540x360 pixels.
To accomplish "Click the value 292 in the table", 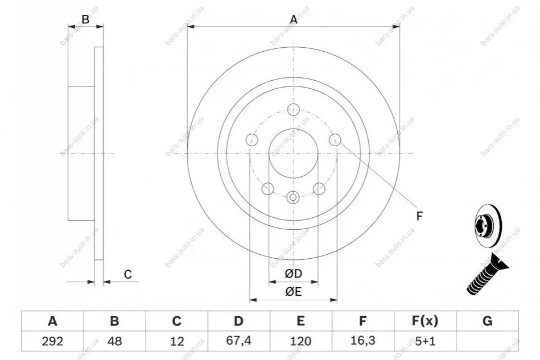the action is point(52,341).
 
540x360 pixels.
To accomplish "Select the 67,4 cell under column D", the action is point(238,341).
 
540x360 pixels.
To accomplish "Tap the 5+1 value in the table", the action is point(425,341).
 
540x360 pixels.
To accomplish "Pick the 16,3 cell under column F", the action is point(362,341).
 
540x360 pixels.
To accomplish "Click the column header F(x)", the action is point(425,321).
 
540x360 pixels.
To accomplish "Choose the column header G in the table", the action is point(487,321).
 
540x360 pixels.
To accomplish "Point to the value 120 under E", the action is point(300,341).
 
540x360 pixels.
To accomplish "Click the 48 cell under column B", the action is point(114,341).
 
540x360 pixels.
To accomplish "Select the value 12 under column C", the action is point(176,341).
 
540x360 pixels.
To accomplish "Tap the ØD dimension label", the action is point(294,274).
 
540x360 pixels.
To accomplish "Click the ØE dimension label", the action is point(294,292).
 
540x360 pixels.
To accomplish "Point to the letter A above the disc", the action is point(294,19).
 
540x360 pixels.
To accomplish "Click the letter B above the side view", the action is point(85,19).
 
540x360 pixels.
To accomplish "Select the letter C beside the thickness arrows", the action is point(128,274).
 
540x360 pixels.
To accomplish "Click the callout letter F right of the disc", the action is point(419,216).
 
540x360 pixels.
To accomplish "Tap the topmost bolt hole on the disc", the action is point(294,109).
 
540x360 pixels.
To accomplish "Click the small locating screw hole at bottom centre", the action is point(293,197).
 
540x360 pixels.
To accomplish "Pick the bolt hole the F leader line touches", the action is point(335,140).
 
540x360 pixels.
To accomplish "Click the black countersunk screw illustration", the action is point(487,274).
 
